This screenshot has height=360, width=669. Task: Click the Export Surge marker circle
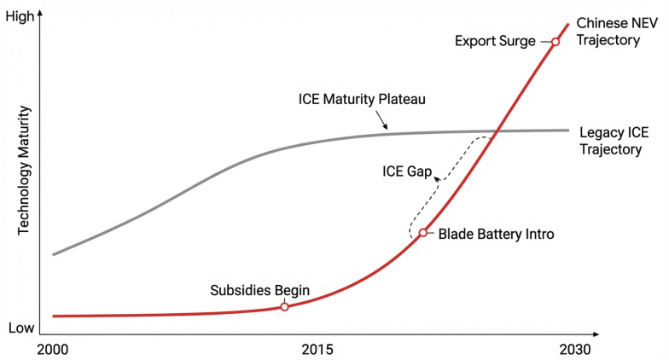coord(555,41)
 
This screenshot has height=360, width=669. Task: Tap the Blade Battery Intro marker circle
coord(422,232)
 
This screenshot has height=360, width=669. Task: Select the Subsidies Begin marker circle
coord(284,306)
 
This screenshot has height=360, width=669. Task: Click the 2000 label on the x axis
coord(53,349)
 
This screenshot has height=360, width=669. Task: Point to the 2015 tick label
coord(317,349)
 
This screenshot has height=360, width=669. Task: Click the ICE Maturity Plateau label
coord(362,99)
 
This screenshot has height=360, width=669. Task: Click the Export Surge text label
coord(495,41)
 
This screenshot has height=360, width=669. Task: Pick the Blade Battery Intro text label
coord(496,233)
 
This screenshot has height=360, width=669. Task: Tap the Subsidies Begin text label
coord(259,289)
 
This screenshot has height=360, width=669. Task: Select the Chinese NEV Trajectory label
coord(608,31)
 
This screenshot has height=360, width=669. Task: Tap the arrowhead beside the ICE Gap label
coord(438,178)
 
